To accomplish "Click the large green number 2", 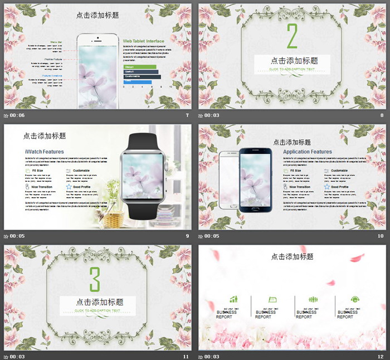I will coord(292,37).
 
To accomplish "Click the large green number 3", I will coord(95,279).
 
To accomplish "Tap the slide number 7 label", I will coord(187,115).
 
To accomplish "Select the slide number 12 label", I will coord(381,356).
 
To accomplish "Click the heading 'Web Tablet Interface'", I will coord(144,41).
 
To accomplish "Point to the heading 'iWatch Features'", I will coord(45,152).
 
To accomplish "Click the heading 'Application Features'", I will coord(307,152).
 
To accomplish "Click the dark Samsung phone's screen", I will coord(255,181).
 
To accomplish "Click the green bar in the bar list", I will coord(140,67).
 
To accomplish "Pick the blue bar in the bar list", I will coord(138,82).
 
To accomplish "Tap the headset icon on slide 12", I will coord(354,300).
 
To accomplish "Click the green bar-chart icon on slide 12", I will coord(233,300).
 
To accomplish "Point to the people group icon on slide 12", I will coord(314,300).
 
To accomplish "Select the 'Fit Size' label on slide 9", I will coord(38,171).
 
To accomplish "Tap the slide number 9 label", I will coord(187,236).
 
